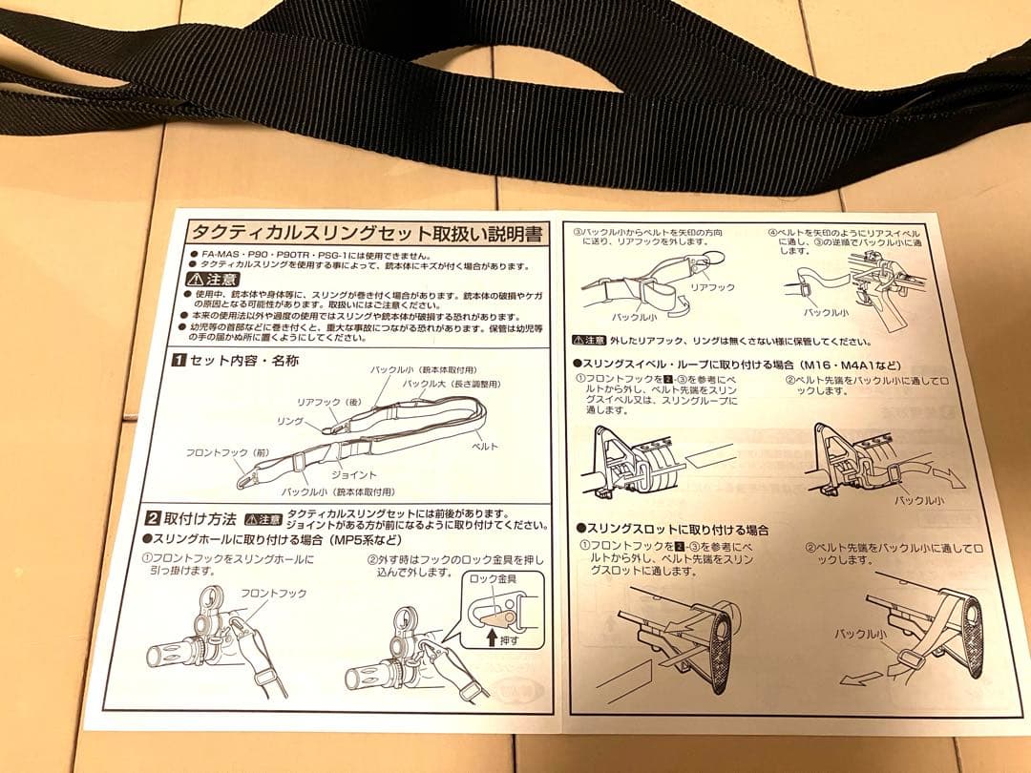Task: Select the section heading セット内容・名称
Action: point(235,361)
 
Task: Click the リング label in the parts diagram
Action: point(288,421)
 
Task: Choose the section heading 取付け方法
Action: point(200,519)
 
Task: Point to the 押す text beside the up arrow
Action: point(511,640)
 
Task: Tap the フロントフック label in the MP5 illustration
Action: point(274,593)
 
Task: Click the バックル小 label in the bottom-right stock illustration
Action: point(858,635)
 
